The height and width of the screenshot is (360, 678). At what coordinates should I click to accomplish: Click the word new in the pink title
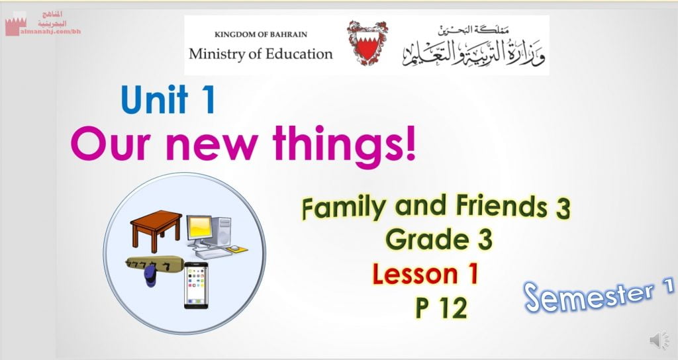click(213, 145)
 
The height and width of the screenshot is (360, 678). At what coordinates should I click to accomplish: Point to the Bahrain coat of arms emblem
click(367, 44)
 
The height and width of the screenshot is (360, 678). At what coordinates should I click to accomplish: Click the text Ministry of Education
click(261, 54)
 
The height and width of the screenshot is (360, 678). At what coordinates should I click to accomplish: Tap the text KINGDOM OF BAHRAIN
click(261, 34)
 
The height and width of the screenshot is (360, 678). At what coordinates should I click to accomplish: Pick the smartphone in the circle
click(196, 285)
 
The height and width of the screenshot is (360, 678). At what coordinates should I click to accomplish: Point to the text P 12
click(442, 307)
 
